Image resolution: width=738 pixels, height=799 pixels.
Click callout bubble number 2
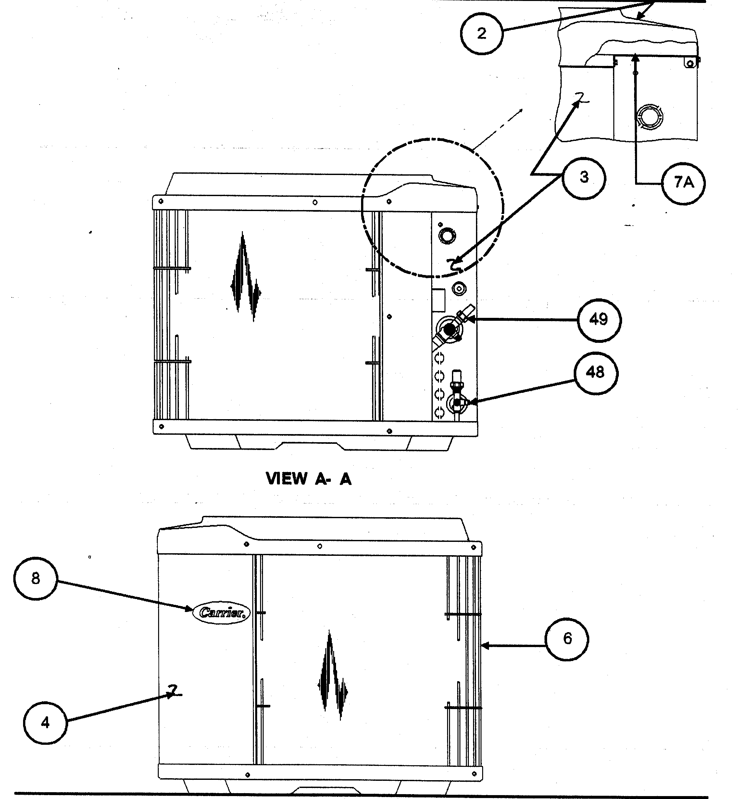482,33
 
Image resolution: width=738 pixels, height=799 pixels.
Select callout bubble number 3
584,177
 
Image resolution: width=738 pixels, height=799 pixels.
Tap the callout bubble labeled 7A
683,183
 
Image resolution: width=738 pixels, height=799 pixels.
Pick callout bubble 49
599,320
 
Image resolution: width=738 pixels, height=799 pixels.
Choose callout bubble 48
595,373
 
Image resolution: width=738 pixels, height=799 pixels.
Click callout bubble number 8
35,579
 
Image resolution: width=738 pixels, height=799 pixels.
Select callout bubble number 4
45,723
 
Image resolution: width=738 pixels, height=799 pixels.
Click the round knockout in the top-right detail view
650,117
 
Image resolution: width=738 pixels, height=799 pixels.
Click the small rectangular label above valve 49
439,300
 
